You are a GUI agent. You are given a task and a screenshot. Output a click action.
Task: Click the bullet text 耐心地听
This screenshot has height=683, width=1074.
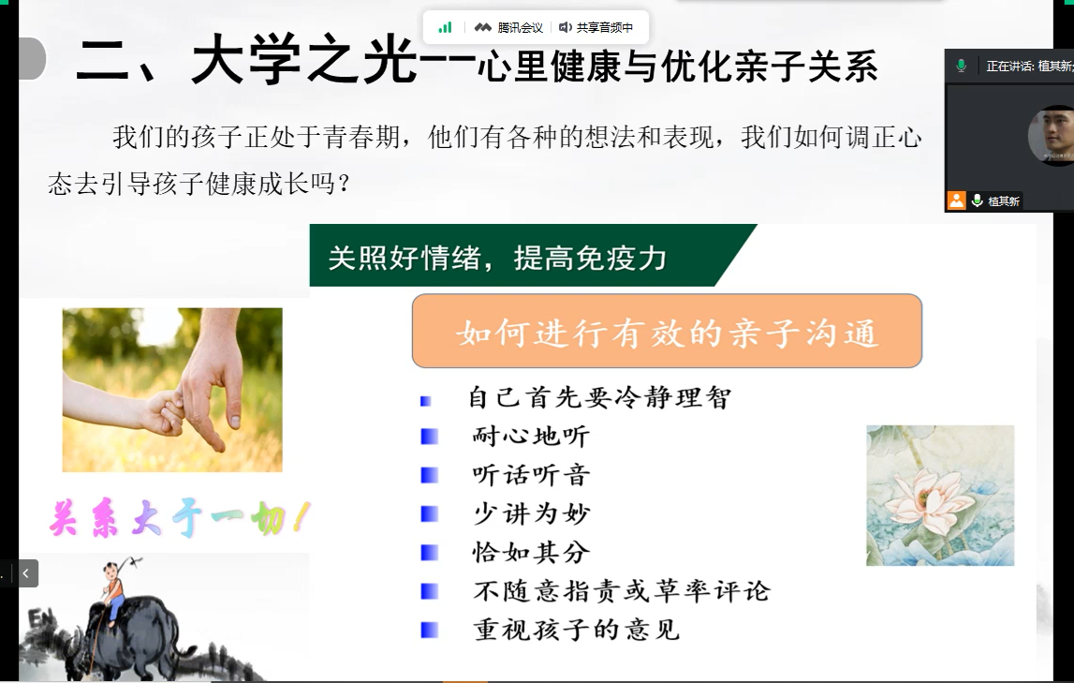[531, 436]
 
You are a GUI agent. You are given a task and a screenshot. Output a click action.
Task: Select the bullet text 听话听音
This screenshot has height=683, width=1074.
[531, 475]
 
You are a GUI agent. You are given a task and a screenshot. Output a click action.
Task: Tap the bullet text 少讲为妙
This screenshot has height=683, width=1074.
[531, 513]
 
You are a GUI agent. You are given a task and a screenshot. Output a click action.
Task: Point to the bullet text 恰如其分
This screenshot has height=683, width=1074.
[531, 552]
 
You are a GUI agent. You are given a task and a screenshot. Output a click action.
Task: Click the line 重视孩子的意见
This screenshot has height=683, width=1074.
[576, 630]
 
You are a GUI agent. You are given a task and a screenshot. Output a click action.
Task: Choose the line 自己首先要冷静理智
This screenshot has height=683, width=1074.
[599, 397]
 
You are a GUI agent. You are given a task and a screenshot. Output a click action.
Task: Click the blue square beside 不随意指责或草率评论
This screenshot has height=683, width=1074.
[430, 591]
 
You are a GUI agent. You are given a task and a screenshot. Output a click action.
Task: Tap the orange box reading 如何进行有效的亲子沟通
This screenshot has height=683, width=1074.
[667, 331]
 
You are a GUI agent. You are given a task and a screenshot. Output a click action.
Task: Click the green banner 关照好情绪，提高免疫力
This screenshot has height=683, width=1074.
[532, 255]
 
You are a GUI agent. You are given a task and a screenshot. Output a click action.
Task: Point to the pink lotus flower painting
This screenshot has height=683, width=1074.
[940, 496]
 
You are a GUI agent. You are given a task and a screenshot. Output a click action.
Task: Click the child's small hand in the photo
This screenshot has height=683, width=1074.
[163, 413]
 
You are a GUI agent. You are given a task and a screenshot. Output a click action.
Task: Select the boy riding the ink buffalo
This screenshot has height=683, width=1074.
[113, 589]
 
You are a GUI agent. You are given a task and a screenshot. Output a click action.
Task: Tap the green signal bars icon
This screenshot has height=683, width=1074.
[445, 27]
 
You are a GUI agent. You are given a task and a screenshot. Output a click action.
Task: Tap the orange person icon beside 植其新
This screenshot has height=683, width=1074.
[956, 200]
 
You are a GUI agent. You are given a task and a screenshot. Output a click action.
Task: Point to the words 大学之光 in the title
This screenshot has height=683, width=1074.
[303, 60]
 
